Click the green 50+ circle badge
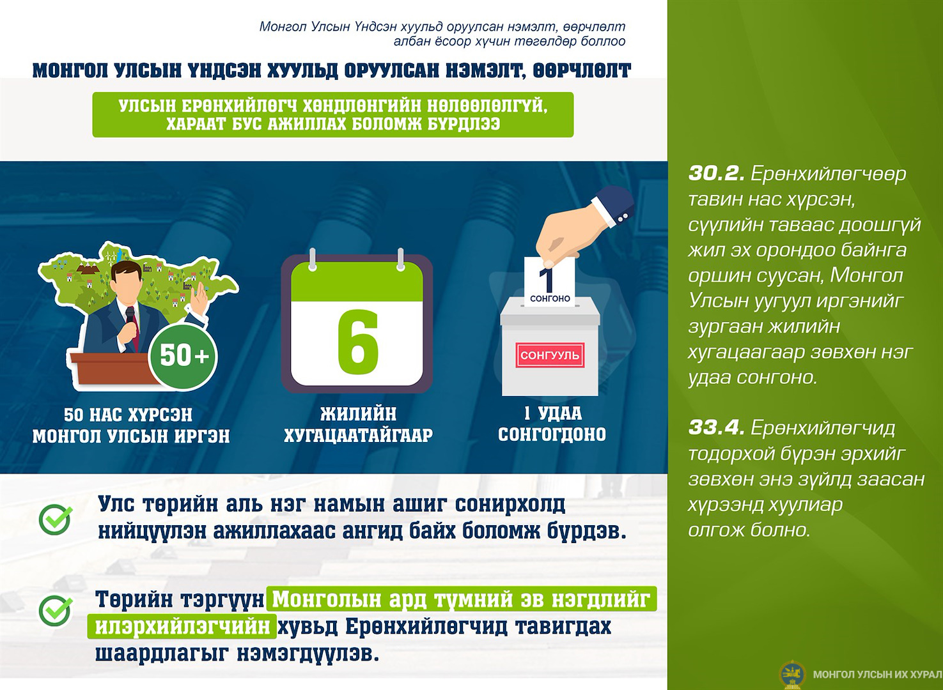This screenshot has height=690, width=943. [x=183, y=356]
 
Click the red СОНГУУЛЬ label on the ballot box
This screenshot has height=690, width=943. [x=550, y=355]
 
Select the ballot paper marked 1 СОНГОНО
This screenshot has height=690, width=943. [x=550, y=281]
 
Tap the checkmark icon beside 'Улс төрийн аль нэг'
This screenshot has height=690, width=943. [x=55, y=519]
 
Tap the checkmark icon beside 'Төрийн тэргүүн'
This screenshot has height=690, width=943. [x=55, y=611]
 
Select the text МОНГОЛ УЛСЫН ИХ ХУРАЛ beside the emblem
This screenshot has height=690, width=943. [x=877, y=675]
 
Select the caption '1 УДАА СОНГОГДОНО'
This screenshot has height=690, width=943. [x=552, y=424]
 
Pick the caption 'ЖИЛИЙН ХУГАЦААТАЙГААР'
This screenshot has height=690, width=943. [x=358, y=424]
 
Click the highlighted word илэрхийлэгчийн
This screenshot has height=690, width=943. [x=182, y=627]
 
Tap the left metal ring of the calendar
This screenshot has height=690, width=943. [x=312, y=259]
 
